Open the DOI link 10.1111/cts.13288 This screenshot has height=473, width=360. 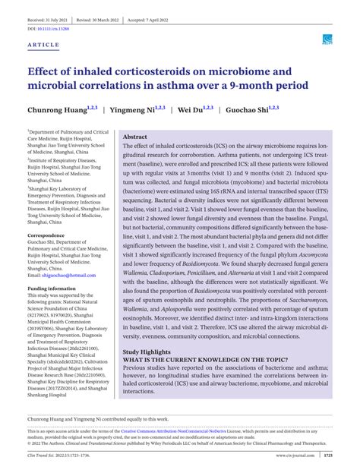[53, 28]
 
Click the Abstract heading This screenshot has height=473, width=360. [137, 137]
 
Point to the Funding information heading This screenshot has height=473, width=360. [57, 289]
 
